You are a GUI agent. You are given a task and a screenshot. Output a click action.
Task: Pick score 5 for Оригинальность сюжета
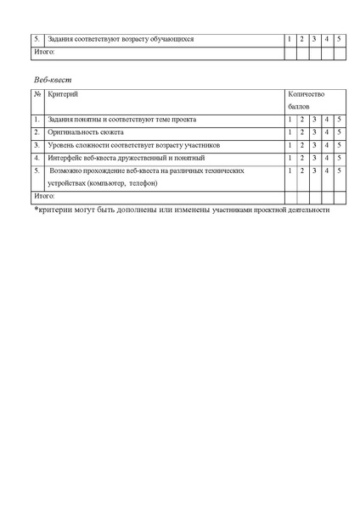(x=339, y=132)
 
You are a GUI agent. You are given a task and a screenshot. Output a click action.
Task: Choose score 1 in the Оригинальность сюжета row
(x=290, y=132)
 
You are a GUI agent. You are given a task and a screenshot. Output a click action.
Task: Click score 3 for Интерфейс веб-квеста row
(x=313, y=157)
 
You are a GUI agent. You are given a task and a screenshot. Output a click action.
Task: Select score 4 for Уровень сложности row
(x=326, y=145)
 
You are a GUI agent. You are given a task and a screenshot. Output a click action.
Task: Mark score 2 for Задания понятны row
(x=301, y=120)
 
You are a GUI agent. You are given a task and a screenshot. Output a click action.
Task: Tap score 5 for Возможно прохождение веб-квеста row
(x=339, y=171)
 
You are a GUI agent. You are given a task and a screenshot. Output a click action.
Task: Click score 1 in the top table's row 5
(x=290, y=39)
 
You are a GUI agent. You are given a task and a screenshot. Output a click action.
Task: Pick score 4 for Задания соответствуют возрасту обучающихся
(x=326, y=39)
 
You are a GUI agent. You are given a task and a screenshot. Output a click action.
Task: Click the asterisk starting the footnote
(x=37, y=209)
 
